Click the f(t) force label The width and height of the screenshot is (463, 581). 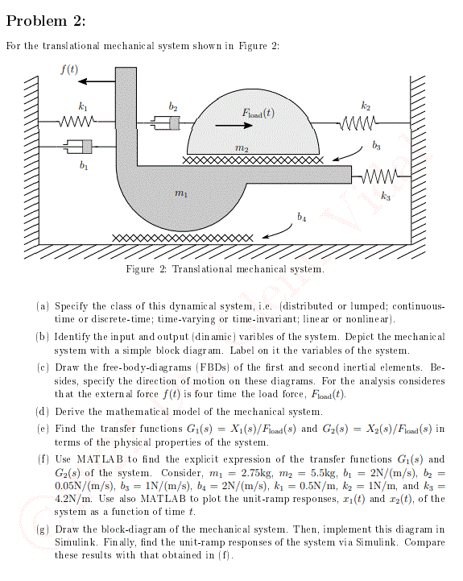(x=70, y=68)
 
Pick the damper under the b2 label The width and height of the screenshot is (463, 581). (x=167, y=122)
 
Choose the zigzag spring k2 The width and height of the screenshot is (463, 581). (x=358, y=122)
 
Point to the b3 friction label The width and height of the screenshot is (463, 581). (x=377, y=146)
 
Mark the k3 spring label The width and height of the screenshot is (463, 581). (x=385, y=194)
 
